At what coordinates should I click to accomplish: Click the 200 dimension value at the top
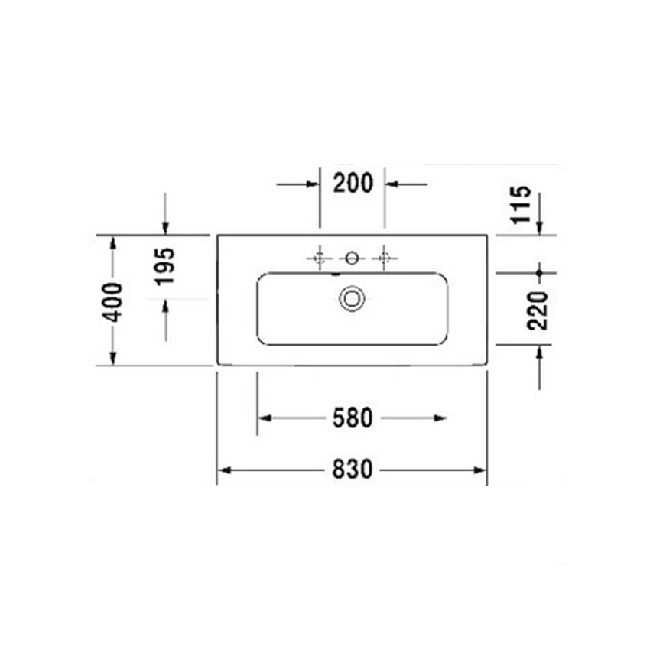(x=353, y=184)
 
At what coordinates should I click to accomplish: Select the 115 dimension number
(x=520, y=204)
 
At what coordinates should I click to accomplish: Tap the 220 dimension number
(x=539, y=309)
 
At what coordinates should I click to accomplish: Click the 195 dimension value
(x=165, y=266)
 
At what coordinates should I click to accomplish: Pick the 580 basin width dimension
(x=352, y=418)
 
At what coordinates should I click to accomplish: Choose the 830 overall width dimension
(x=352, y=469)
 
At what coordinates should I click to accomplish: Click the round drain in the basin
(x=352, y=297)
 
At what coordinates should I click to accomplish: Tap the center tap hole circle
(x=352, y=258)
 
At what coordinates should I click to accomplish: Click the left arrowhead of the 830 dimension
(x=223, y=469)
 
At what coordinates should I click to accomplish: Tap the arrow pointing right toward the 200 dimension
(x=313, y=184)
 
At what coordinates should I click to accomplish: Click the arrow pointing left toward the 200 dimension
(x=392, y=184)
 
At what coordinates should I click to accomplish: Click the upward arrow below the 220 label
(x=539, y=351)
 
